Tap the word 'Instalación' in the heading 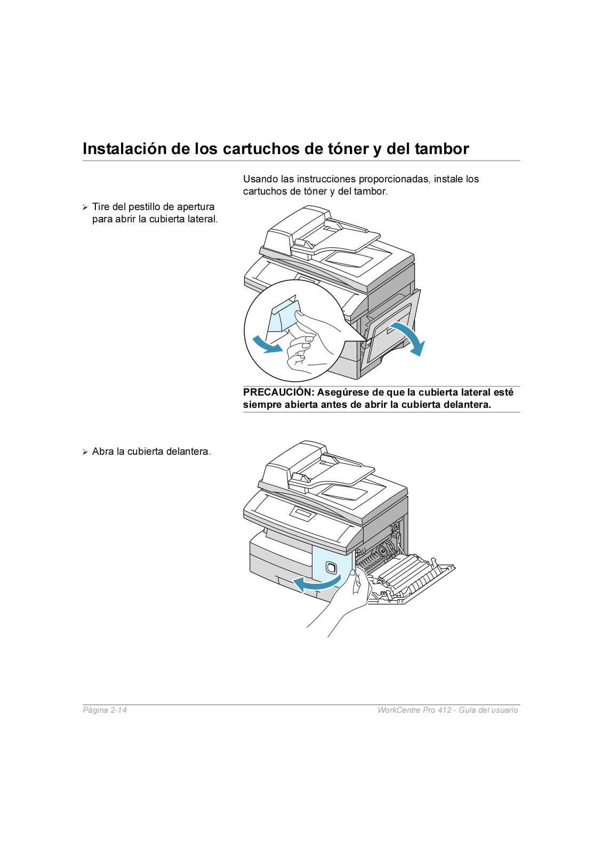coord(125,149)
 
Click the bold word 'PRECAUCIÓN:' coord(278,392)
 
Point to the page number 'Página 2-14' coord(104,710)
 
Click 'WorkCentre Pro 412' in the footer coord(414,710)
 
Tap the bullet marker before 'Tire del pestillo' coord(85,207)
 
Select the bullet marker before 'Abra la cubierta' coord(85,452)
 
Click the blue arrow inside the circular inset coord(267,345)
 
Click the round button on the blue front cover coord(331,568)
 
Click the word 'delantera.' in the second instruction coord(188,452)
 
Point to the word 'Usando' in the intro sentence coord(260,179)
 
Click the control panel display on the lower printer coord(302,514)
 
